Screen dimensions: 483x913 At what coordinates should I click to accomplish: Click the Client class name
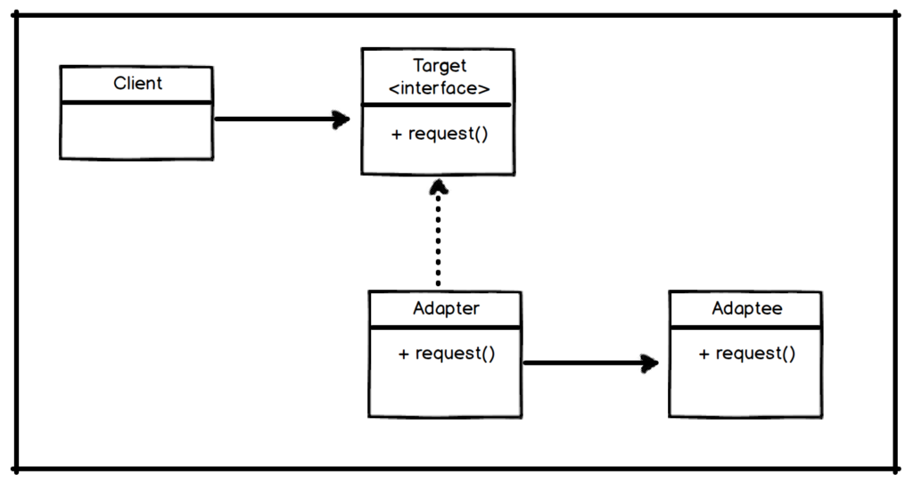[138, 84]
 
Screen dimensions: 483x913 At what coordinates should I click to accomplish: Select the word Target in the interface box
[440, 67]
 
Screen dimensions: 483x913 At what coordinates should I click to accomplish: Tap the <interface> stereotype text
[440, 87]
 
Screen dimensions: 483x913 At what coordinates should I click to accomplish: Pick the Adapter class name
[446, 309]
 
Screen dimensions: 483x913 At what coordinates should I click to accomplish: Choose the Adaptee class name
[747, 309]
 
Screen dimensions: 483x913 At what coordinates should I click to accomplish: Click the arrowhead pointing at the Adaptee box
[649, 363]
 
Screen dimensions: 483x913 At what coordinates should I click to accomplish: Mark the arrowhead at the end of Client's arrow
[340, 119]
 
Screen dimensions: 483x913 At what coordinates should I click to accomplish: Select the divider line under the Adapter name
[446, 328]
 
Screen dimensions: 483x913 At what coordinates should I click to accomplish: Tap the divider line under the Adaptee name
[746, 328]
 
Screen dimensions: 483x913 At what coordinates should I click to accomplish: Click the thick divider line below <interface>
[437, 104]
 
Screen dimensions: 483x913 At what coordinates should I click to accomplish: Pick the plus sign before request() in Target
[397, 134]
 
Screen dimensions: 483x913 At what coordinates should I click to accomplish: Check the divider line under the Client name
[136, 102]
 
